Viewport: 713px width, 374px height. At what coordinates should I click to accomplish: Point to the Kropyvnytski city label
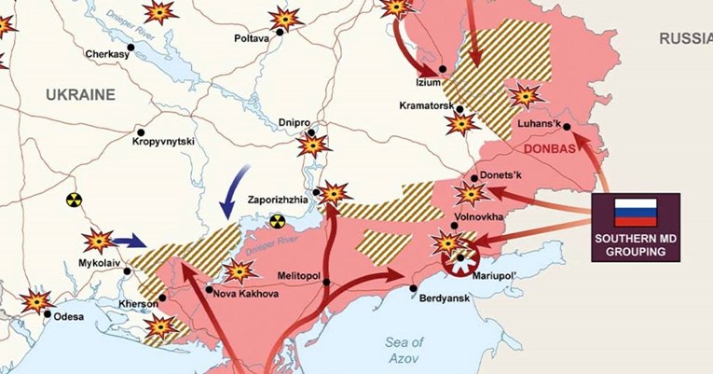[162, 142]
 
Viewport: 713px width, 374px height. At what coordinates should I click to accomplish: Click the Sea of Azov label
[404, 351]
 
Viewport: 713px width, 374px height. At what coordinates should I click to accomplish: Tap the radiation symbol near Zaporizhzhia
[276, 221]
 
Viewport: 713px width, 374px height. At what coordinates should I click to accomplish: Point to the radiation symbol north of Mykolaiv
[74, 200]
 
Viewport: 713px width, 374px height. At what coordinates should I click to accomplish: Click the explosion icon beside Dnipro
[313, 145]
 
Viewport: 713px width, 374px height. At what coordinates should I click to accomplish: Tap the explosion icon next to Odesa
[36, 301]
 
